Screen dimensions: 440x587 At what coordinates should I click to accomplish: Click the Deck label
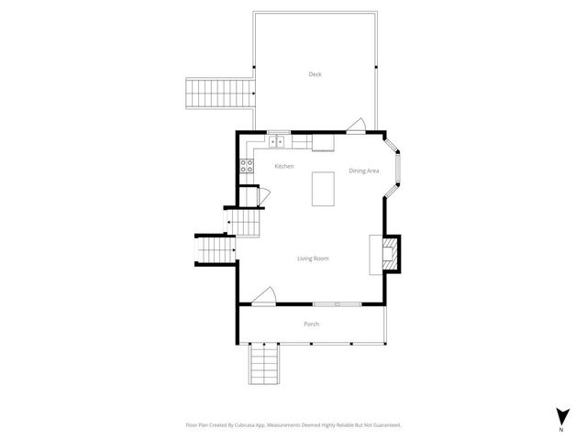[315, 74]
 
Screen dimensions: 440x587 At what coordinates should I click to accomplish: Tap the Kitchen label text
[284, 166]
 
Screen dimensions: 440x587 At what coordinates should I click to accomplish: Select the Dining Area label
[364, 170]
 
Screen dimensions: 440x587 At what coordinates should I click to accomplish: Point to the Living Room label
[313, 258]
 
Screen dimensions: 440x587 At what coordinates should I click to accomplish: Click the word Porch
[312, 324]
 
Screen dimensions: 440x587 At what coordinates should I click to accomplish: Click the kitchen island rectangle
[323, 190]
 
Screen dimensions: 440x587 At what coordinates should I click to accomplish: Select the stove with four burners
[247, 166]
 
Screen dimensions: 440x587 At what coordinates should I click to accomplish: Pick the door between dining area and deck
[358, 126]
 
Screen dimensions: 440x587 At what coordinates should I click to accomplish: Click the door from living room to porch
[264, 295]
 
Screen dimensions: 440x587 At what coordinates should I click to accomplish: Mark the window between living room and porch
[338, 303]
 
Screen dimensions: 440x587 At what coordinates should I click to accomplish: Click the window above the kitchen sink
[279, 132]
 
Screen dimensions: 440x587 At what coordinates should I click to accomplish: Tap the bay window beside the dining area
[396, 170]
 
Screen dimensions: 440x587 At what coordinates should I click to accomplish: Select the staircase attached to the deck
[220, 93]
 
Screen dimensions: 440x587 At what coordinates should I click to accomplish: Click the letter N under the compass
[560, 429]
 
